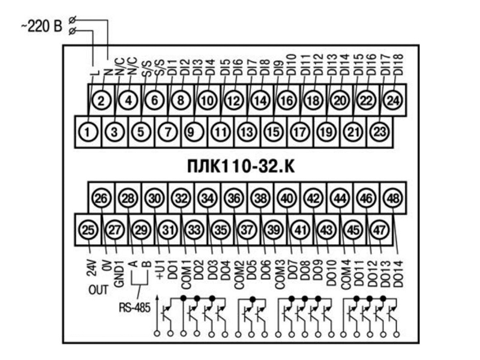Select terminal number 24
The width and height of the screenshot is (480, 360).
393,100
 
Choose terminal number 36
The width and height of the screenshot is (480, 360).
234,198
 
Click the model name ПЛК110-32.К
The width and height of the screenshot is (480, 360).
239,165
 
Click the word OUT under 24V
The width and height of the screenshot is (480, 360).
98,289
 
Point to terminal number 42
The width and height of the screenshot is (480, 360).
313,198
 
